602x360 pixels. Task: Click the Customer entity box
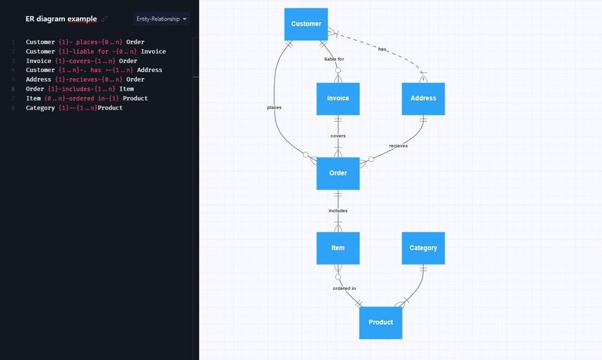coord(306,24)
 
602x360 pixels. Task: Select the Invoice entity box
coord(338,98)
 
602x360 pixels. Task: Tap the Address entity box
coord(423,98)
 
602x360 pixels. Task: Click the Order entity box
coord(338,174)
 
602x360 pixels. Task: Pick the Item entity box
coord(338,248)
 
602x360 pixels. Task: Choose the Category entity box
coord(423,248)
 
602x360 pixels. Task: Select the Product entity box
coord(380,323)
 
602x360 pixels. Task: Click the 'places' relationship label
coord(274,107)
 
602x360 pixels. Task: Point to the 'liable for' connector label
coord(334,59)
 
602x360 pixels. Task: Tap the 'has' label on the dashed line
coord(382,49)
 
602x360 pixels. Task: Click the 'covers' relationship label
coord(338,136)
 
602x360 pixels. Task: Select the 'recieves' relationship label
coord(398,146)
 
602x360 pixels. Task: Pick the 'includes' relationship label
coord(338,210)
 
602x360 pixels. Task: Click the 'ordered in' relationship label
coord(344,288)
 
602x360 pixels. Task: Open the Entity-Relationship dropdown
coord(161,19)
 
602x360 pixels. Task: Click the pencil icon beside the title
coord(105,19)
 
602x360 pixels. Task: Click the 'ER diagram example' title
coord(61,19)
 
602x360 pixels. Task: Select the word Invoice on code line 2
coord(153,51)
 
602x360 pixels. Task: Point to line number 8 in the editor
coord(13,108)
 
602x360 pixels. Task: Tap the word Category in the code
coord(40,108)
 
